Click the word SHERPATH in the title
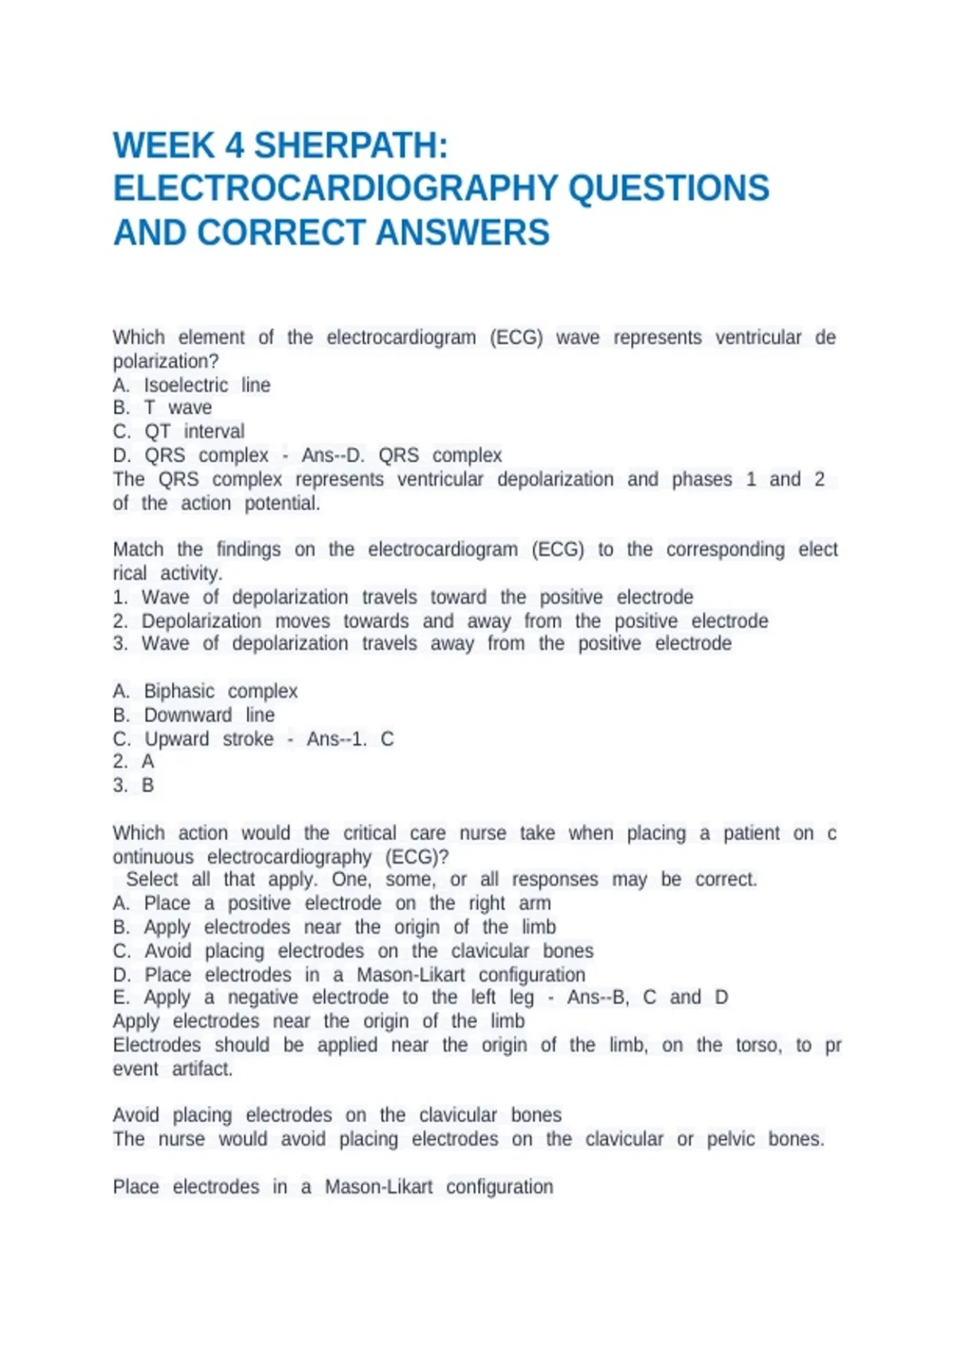pyautogui.click(x=351, y=146)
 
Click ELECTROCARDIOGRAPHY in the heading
pyautogui.click(x=335, y=190)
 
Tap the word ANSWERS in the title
pyautogui.click(x=463, y=233)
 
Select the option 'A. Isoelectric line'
pyautogui.click(x=191, y=385)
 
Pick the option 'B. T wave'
pyautogui.click(x=163, y=408)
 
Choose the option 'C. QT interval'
pyautogui.click(x=178, y=432)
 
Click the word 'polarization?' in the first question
pyautogui.click(x=166, y=362)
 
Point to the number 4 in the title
pyautogui.click(x=234, y=146)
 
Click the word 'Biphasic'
pyautogui.click(x=179, y=691)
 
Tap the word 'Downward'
pyautogui.click(x=188, y=715)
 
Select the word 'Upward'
pyautogui.click(x=177, y=739)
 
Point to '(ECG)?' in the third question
pyautogui.click(x=417, y=857)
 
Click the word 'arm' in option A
pyautogui.click(x=535, y=903)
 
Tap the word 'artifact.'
pyautogui.click(x=202, y=1069)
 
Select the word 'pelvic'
pyautogui.click(x=731, y=1140)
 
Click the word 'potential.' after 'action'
pyautogui.click(x=282, y=503)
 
